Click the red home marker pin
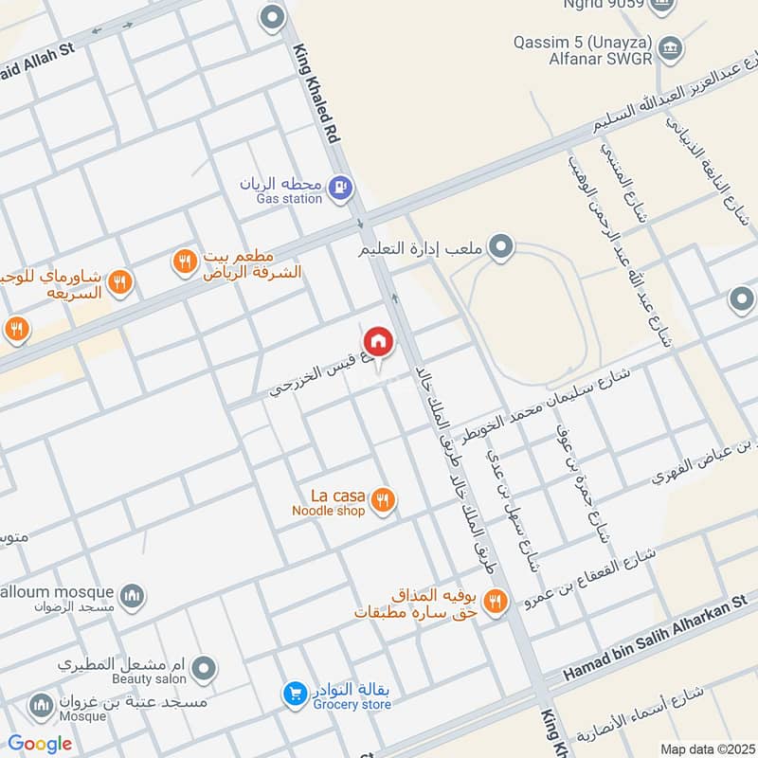click(x=377, y=342)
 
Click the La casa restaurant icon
click(x=383, y=500)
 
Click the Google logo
click(x=40, y=744)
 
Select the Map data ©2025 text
click(x=705, y=749)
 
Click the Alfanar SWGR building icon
click(x=670, y=45)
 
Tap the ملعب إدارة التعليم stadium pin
click(x=502, y=249)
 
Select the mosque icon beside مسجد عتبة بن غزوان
click(x=40, y=705)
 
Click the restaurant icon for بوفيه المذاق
click(x=495, y=601)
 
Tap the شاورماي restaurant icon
click(x=119, y=281)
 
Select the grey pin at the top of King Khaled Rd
click(x=273, y=16)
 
